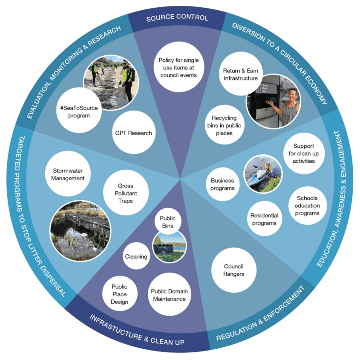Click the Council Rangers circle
click(x=234, y=270)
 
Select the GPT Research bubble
click(x=133, y=133)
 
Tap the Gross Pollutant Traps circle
click(x=126, y=193)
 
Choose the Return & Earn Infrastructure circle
click(x=240, y=75)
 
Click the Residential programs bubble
click(x=265, y=219)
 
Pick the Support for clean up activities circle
click(x=304, y=153)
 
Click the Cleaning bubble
click(x=136, y=256)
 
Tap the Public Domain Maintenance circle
click(x=169, y=295)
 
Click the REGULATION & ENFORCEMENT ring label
click(x=260, y=314)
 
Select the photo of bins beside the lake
click(x=169, y=246)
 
